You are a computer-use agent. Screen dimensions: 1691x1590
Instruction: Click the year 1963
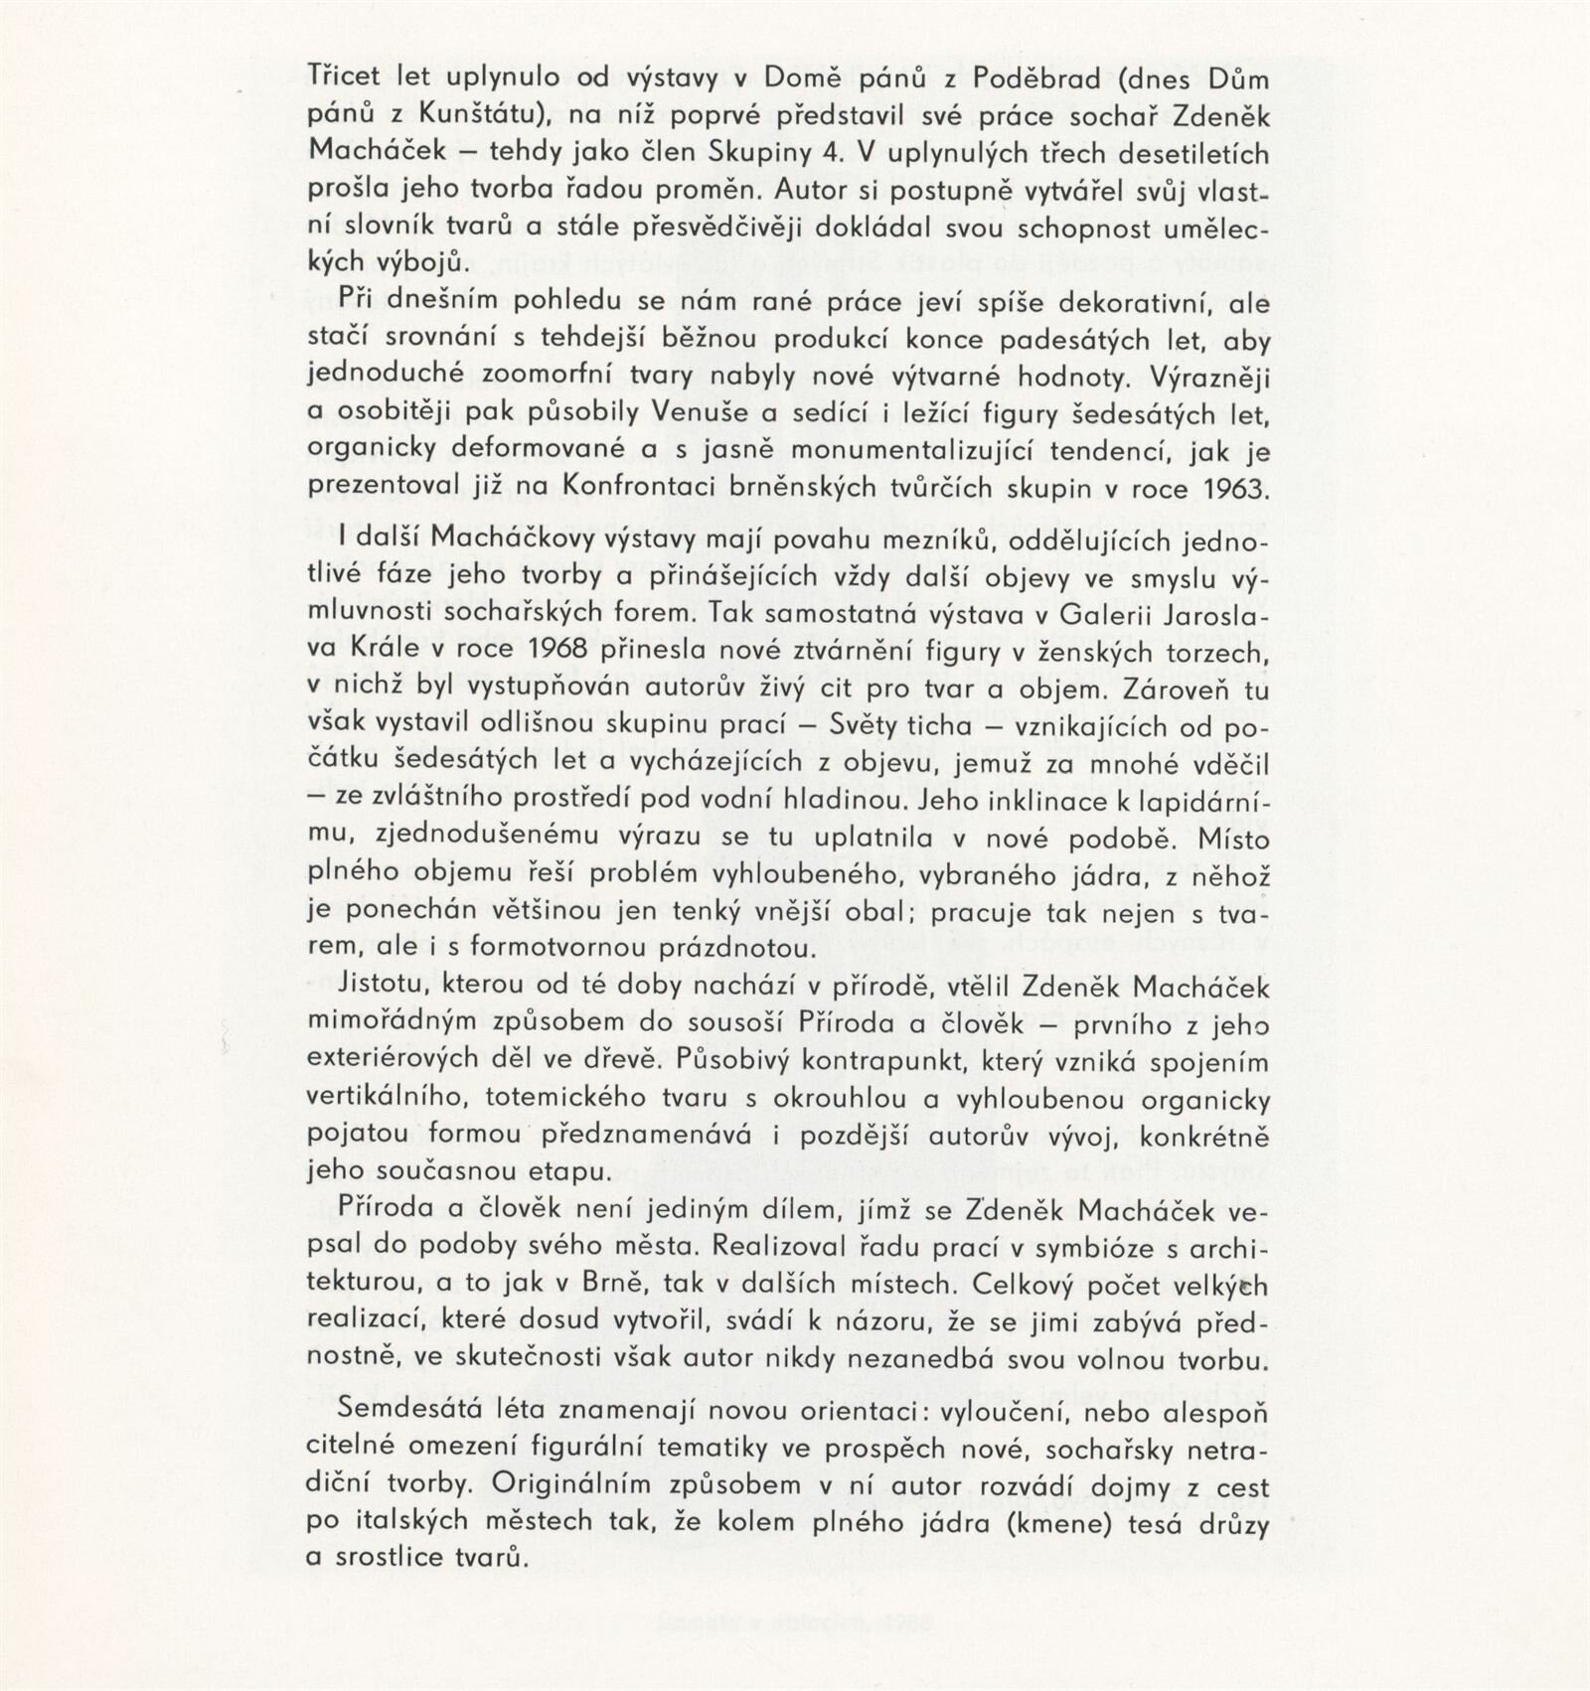click(x=1235, y=488)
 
